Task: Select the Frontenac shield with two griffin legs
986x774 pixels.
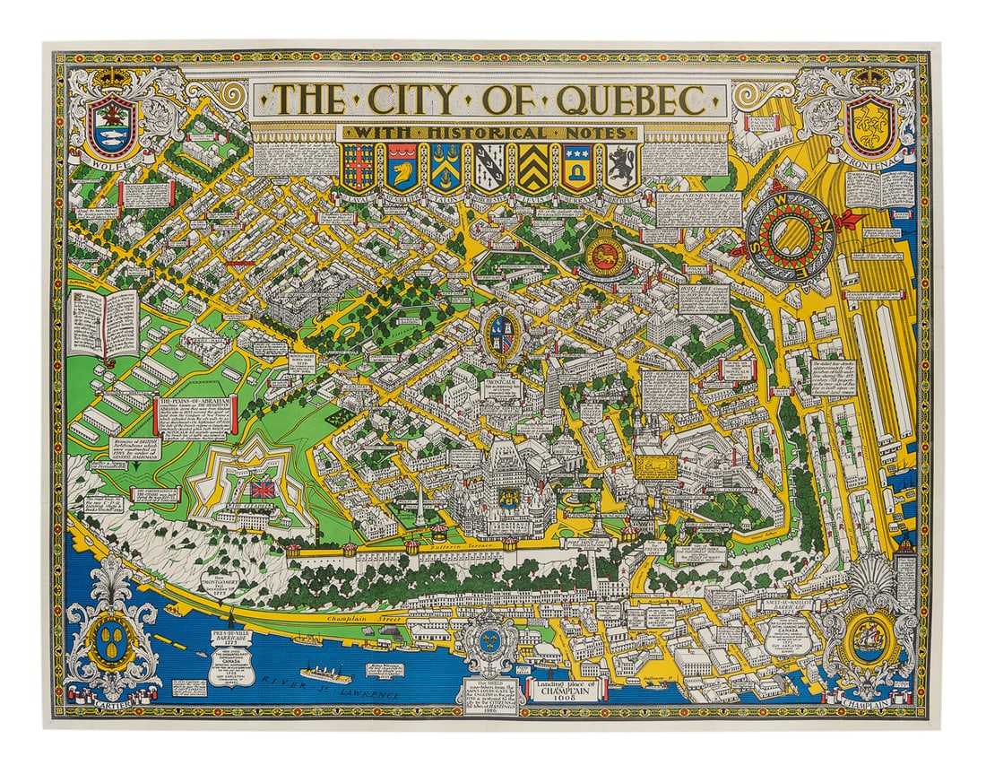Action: click(x=872, y=126)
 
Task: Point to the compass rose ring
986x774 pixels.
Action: click(x=790, y=233)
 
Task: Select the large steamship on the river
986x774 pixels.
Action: click(x=330, y=672)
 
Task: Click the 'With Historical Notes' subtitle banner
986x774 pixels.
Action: click(x=489, y=133)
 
